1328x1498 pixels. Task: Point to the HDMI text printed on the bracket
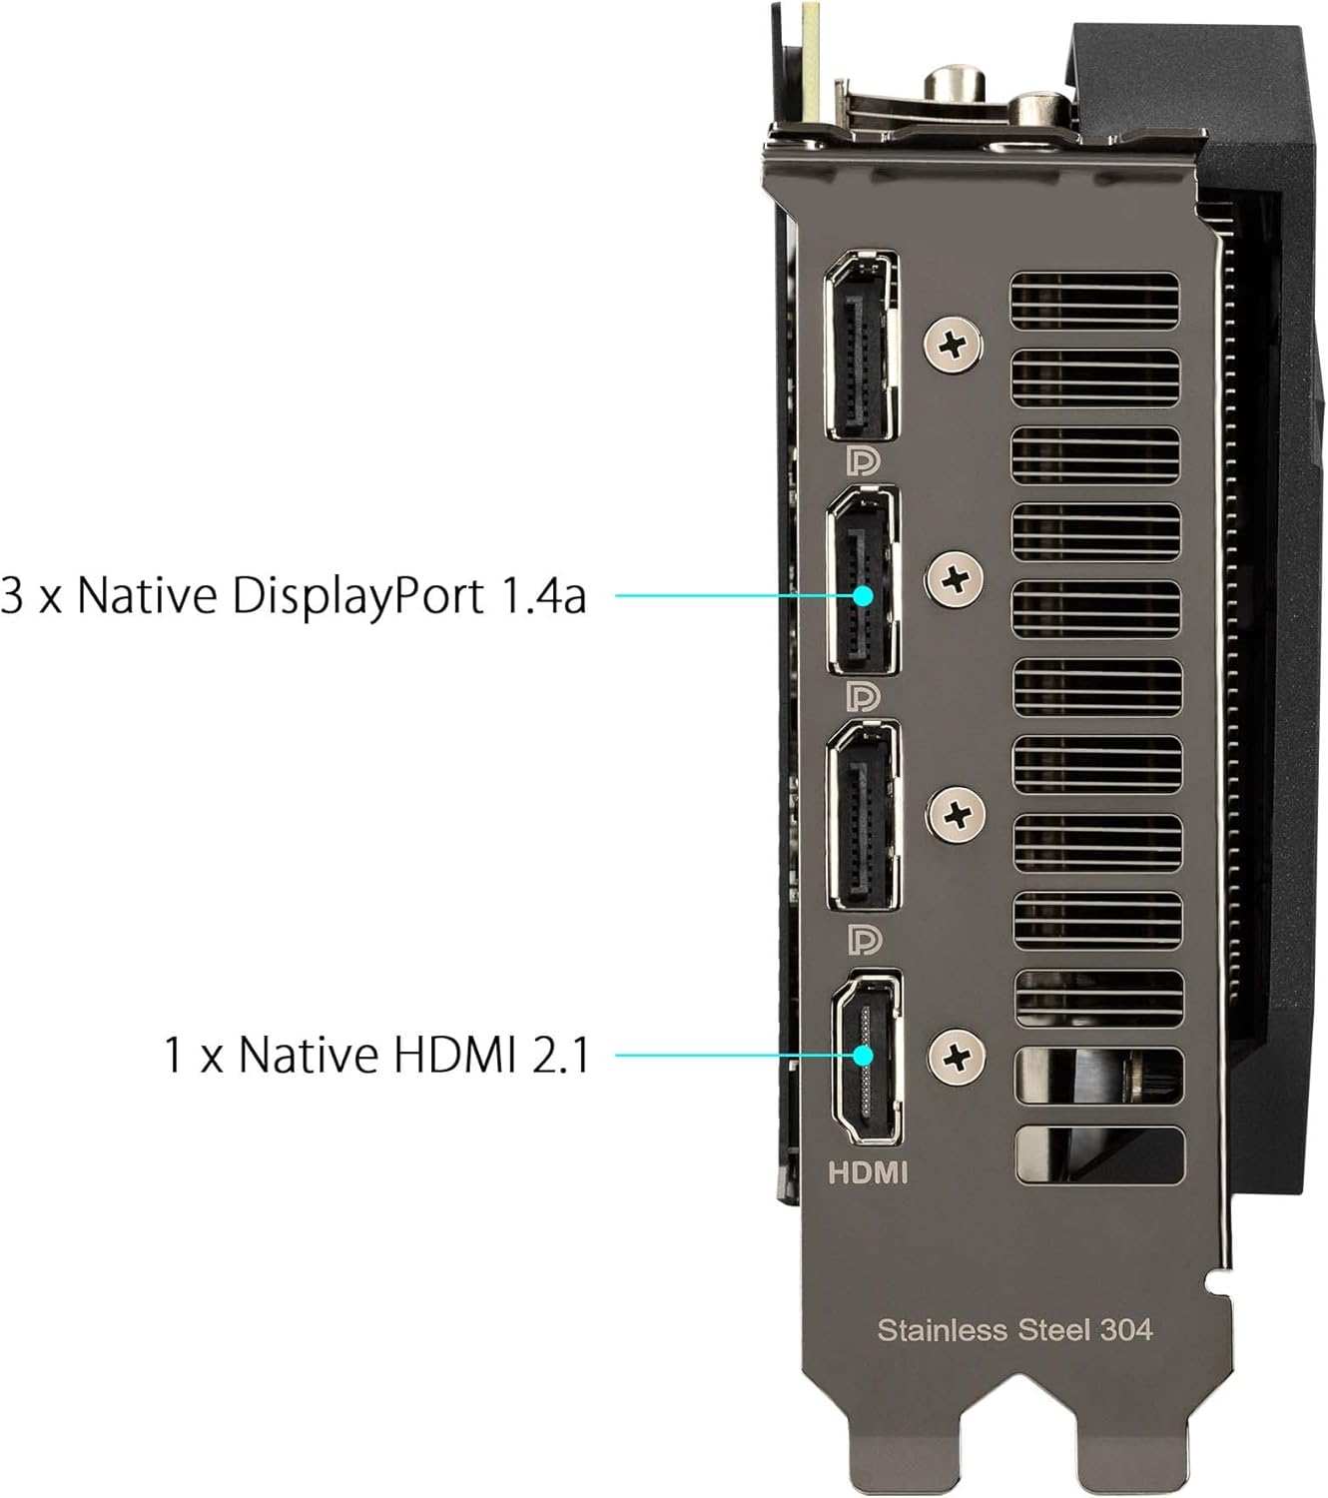pos(868,1172)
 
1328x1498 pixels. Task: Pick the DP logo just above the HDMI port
pos(864,940)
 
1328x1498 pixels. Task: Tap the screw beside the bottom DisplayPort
pos(957,814)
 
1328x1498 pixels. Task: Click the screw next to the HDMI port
pos(958,1055)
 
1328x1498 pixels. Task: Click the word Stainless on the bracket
pos(942,1330)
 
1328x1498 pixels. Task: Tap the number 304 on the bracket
pos(1125,1330)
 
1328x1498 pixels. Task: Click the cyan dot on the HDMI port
pos(864,1055)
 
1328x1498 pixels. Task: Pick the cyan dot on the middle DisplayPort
pos(864,595)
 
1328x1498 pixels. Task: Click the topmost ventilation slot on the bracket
pos(1095,301)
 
